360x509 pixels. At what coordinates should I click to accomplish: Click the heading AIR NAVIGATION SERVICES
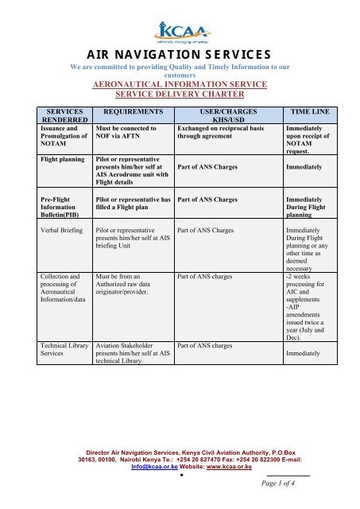click(179, 55)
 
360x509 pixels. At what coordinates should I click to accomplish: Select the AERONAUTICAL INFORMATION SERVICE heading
click(179, 83)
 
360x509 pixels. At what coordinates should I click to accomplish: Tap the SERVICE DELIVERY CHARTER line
click(179, 94)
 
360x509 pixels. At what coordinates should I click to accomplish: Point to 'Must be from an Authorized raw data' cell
click(130, 285)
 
